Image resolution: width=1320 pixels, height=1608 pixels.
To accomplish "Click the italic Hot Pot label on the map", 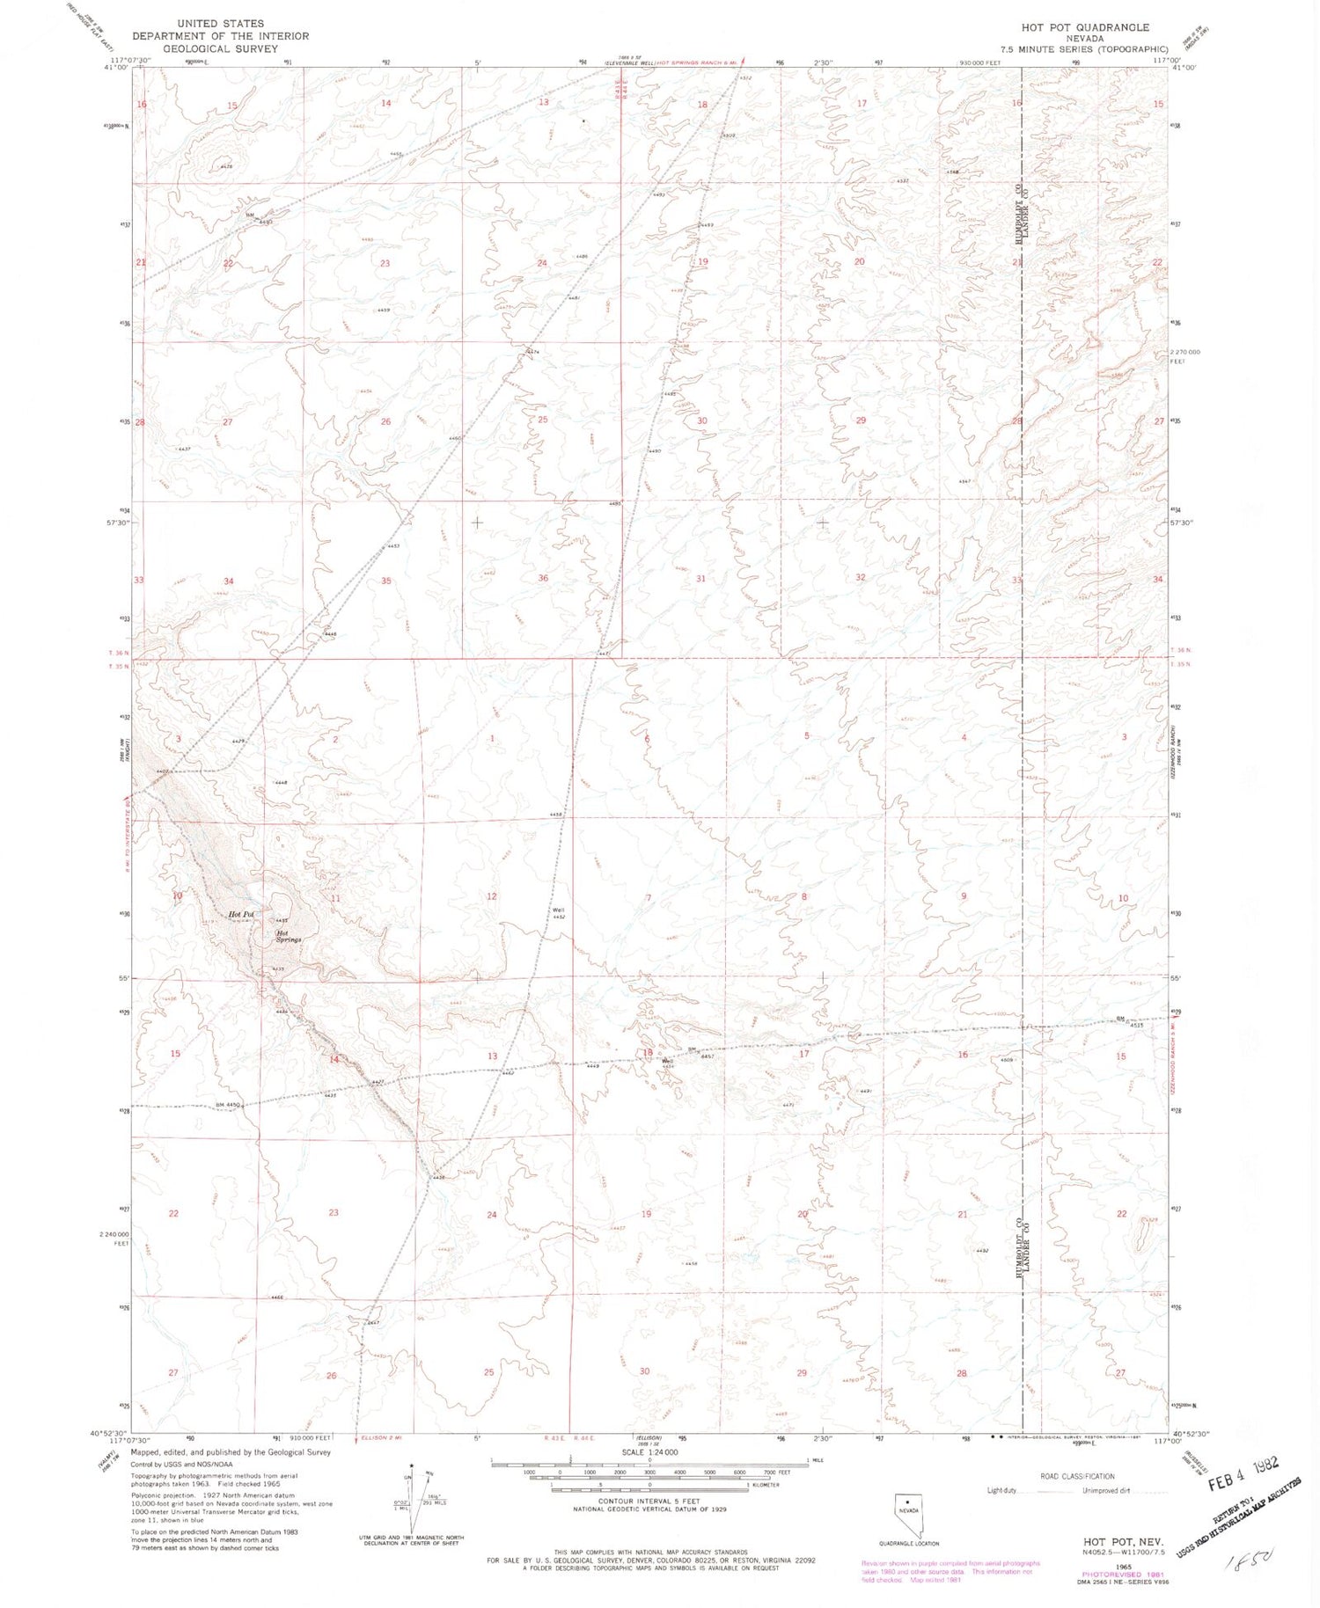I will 240,915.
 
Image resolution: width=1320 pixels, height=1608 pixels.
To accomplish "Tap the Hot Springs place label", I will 288,937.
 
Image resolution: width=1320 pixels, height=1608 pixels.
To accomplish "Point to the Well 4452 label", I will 558,914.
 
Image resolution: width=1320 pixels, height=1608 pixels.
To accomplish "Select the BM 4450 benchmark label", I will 228,1105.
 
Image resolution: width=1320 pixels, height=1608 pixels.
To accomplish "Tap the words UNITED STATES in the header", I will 220,24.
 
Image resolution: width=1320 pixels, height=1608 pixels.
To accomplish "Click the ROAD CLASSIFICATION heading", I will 1077,1476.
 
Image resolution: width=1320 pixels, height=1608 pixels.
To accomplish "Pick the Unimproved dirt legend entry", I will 1105,1490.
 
